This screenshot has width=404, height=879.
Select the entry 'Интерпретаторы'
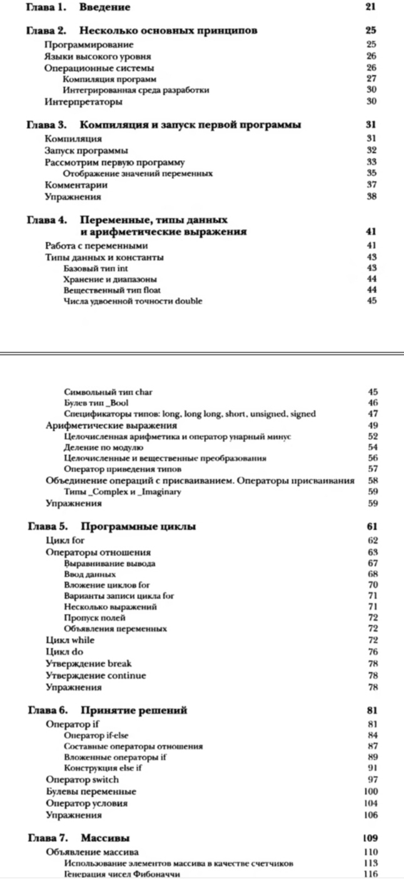(84, 101)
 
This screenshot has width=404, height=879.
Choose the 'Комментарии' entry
(76, 185)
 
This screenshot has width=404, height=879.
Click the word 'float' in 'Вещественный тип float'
(145, 290)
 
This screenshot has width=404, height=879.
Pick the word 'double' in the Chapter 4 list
(188, 301)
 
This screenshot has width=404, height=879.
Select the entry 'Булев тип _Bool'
(96, 403)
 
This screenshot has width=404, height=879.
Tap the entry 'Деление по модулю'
(103, 447)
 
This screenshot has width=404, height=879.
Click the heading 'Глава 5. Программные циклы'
(112, 527)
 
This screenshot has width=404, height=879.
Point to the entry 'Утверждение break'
(89, 663)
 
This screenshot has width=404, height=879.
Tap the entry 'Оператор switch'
(82, 780)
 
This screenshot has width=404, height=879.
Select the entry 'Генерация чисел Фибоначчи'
(122, 874)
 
